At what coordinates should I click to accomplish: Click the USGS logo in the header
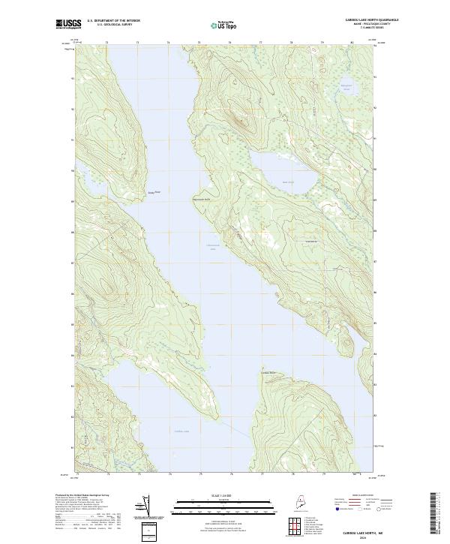pos(65,24)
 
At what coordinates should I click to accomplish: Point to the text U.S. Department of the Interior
pos(113,20)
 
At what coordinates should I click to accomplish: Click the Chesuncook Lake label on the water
pos(212,247)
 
